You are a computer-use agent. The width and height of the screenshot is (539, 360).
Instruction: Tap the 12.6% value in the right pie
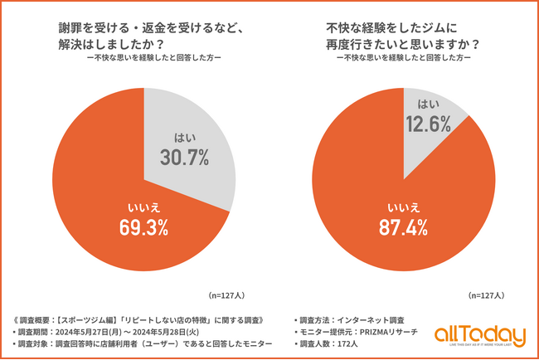coord(428,124)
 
